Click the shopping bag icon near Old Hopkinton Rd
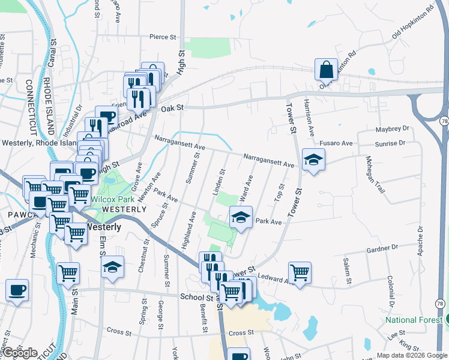pyautogui.click(x=326, y=70)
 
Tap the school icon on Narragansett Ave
pyautogui.click(x=313, y=160)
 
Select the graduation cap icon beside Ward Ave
pyautogui.click(x=240, y=217)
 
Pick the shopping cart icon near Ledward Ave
pyautogui.click(x=300, y=272)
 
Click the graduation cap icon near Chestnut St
pyautogui.click(x=112, y=268)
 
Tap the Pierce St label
pyautogui.click(x=163, y=37)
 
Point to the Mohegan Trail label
pyautogui.click(x=373, y=175)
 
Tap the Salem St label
pyautogui.click(x=347, y=269)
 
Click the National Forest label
pyautogui.click(x=414, y=320)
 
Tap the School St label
pyautogui.click(x=197, y=297)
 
